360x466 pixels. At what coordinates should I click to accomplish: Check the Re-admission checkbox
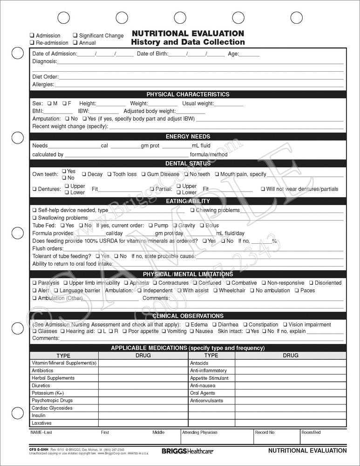[x=32, y=43]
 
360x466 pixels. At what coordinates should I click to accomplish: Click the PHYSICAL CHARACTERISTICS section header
[x=188, y=94]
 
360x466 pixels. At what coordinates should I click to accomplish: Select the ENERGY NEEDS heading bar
[x=188, y=137]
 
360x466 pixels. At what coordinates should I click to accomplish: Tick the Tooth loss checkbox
[x=109, y=174]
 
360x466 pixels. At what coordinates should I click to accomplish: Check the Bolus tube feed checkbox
[x=202, y=226]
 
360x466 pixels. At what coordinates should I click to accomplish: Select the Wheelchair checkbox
[x=215, y=290]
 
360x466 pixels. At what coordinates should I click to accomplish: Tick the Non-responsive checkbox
[x=264, y=283]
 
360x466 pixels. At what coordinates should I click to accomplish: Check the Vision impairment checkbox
[x=285, y=325]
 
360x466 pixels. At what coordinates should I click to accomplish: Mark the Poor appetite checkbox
[x=124, y=331]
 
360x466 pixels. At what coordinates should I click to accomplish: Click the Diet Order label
[x=45, y=77]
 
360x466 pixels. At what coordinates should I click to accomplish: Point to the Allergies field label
[x=43, y=85]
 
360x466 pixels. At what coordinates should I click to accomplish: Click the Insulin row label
[x=39, y=415]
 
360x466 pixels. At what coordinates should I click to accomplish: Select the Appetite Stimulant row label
[x=209, y=378]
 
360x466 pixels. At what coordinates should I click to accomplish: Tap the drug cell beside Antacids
[x=290, y=363]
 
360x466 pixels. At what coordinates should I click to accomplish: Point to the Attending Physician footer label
[x=199, y=432]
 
